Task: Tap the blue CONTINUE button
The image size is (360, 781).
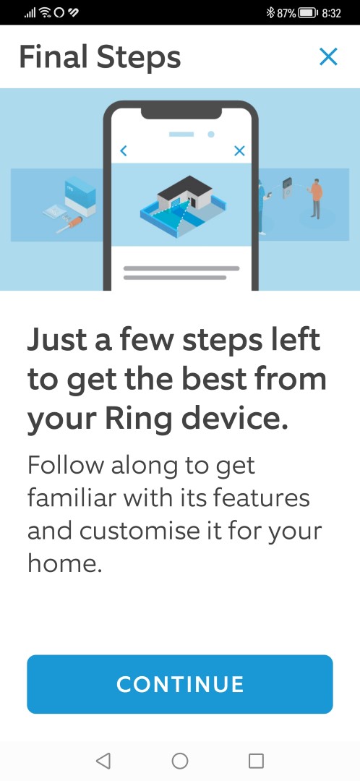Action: [x=180, y=684]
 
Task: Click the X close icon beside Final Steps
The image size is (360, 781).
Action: [x=328, y=57]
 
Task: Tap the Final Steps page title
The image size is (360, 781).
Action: [x=100, y=57]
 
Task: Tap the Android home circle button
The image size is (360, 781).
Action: [x=180, y=761]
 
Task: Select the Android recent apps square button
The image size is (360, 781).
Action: [x=256, y=761]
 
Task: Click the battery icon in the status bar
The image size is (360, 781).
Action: [x=308, y=13]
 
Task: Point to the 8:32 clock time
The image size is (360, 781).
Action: [x=332, y=13]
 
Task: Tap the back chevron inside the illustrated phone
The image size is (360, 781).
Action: [x=124, y=150]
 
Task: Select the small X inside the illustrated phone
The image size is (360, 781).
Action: [x=239, y=150]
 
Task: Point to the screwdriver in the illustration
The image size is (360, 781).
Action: [x=69, y=225]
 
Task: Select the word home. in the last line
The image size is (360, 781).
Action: [x=65, y=564]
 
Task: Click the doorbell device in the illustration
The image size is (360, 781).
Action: [x=288, y=188]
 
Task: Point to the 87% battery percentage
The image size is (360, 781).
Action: [x=286, y=13]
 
